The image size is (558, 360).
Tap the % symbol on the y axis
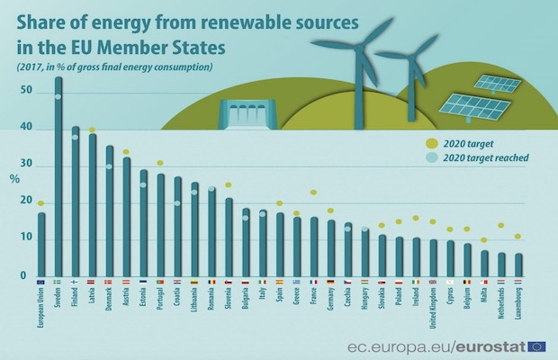[15, 177]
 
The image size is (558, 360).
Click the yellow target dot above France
[313, 193]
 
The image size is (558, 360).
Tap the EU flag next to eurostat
[537, 346]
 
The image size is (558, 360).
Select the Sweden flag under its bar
[58, 282]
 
